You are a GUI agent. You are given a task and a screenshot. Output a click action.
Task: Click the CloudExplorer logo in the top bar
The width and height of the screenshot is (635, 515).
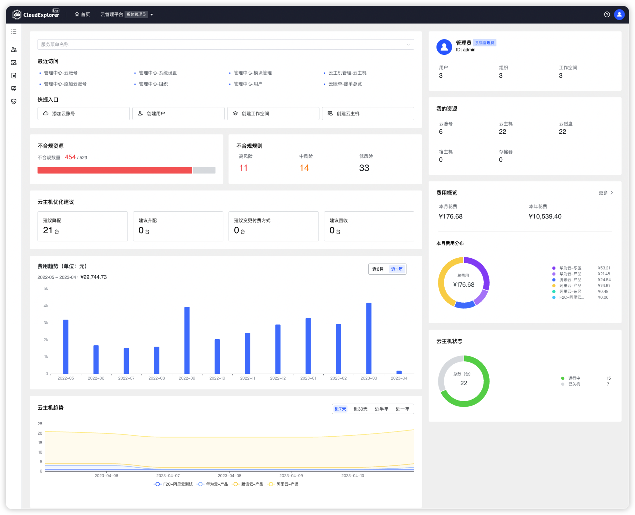[36, 14]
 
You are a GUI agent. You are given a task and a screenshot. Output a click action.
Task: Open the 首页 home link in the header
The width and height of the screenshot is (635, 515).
[82, 14]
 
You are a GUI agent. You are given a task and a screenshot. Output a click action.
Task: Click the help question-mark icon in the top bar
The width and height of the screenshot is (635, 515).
[607, 14]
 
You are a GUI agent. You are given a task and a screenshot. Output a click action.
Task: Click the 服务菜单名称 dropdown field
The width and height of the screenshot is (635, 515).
[226, 44]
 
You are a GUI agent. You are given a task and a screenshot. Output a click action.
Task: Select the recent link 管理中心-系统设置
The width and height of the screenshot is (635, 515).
[158, 73]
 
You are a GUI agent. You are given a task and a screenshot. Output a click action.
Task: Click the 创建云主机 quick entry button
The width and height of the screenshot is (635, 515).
[368, 114]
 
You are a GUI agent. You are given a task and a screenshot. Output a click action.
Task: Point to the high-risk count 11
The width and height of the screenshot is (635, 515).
[244, 168]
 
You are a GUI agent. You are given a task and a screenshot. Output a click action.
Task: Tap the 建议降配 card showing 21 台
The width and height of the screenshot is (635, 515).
[82, 226]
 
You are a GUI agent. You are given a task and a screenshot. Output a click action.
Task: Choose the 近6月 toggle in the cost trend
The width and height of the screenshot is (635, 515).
[378, 269]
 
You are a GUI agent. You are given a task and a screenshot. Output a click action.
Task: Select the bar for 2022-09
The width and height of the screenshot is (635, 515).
[187, 340]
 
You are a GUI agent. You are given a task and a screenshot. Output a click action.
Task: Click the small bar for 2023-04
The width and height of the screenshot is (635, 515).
[399, 372]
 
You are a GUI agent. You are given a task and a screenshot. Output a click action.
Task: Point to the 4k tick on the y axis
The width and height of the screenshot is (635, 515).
[46, 306]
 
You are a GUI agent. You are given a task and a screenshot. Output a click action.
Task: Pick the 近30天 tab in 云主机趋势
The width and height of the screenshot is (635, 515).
[361, 409]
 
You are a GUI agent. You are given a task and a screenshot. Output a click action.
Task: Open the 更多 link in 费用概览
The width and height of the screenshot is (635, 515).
[606, 193]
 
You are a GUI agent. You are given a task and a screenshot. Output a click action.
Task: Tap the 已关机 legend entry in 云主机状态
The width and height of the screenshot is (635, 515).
[574, 384]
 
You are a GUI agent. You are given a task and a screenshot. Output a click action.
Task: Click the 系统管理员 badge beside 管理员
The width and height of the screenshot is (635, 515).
[484, 43]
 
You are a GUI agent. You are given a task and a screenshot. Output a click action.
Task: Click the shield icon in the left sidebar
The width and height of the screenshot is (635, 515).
[14, 101]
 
